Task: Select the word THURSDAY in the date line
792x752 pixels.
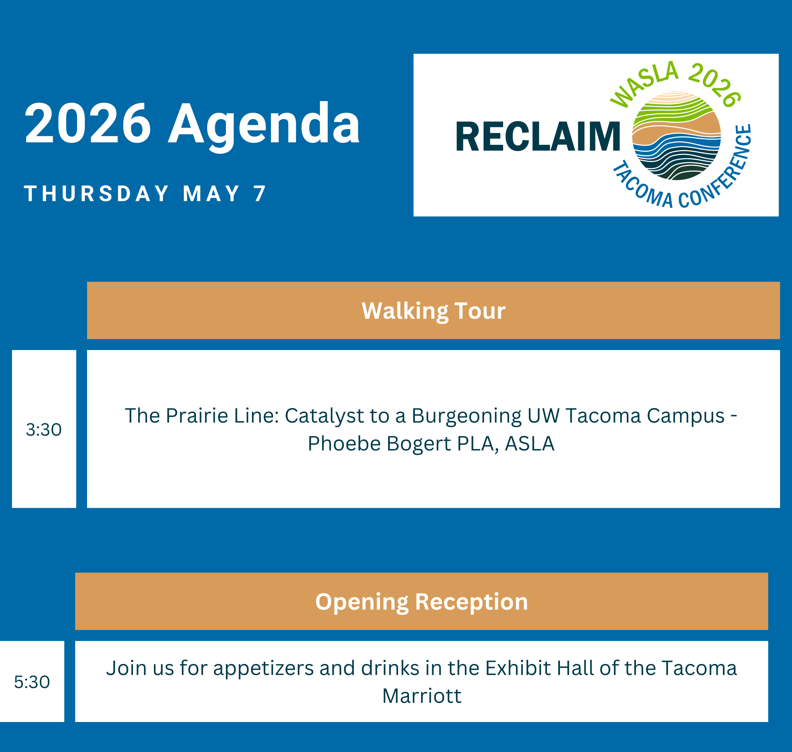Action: pyautogui.click(x=97, y=194)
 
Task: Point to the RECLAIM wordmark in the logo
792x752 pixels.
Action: pyautogui.click(x=538, y=137)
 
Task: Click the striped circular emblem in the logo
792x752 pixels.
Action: pyautogui.click(x=676, y=135)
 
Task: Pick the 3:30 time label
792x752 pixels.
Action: pyautogui.click(x=44, y=430)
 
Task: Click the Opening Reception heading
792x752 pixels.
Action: pyautogui.click(x=422, y=602)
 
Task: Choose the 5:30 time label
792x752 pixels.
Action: pyautogui.click(x=32, y=682)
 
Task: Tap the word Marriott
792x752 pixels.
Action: pyautogui.click(x=422, y=696)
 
